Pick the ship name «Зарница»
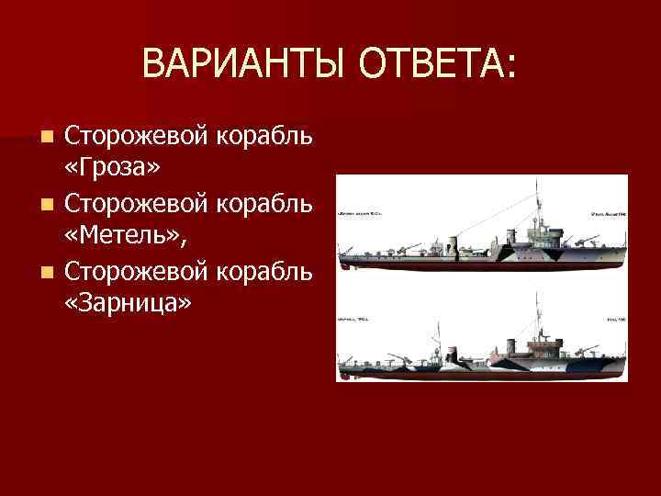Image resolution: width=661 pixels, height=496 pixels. coord(129,304)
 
